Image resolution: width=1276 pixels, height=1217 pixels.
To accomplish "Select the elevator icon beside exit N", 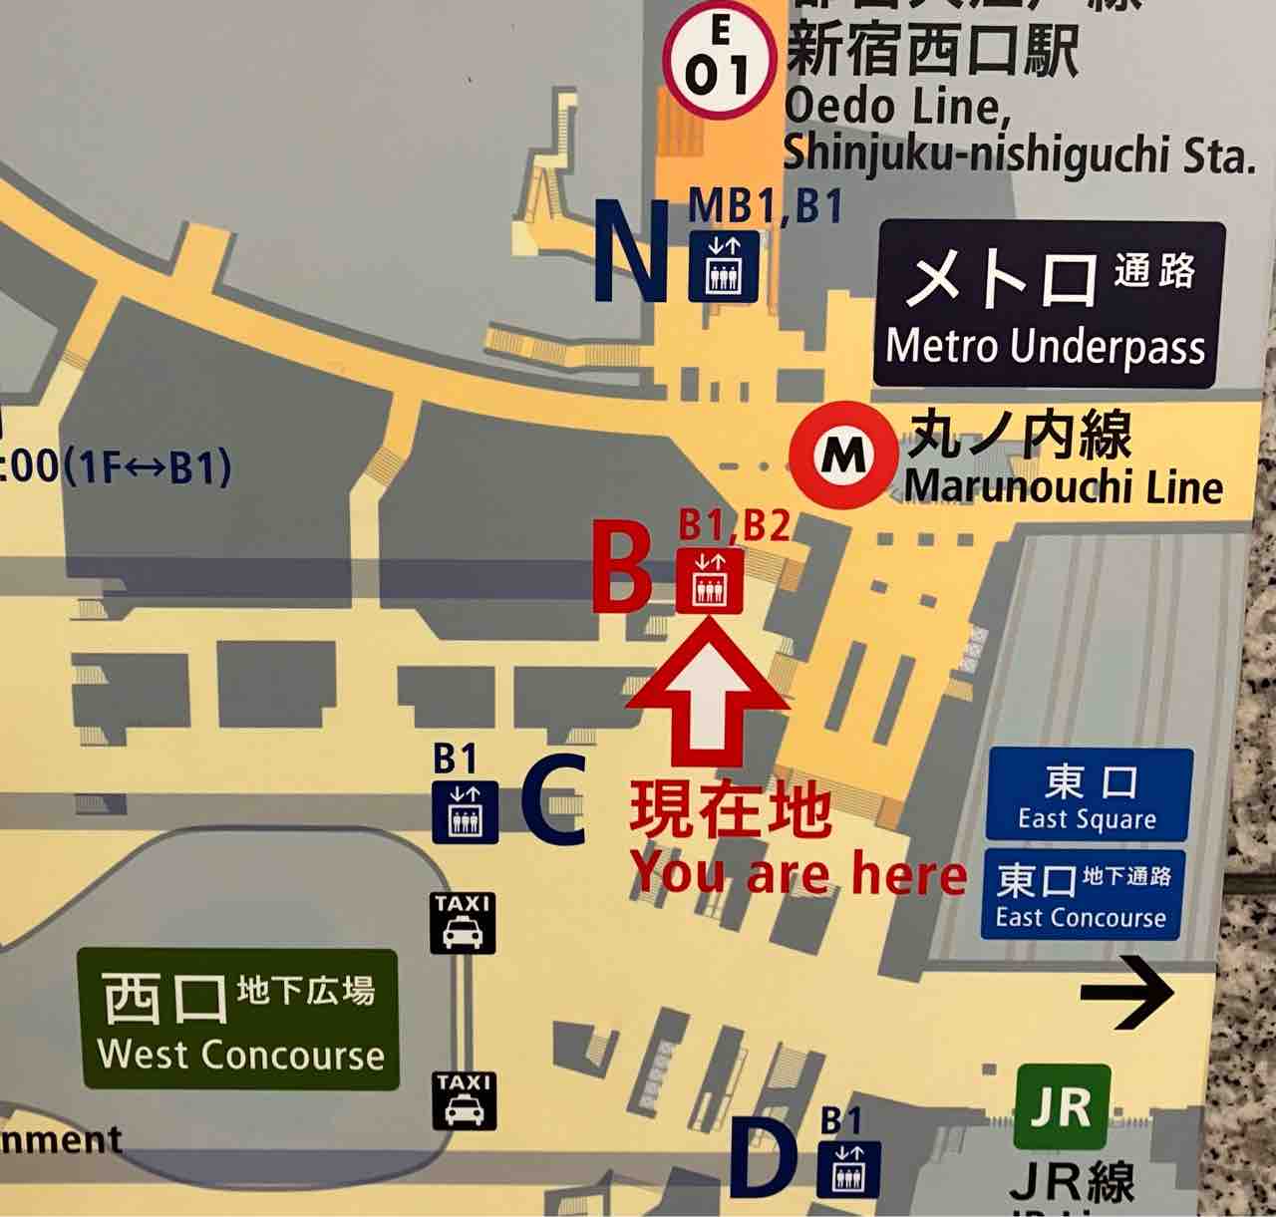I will pyautogui.click(x=724, y=266).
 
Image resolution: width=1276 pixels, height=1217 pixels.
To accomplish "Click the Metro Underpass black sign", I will pyautogui.click(x=1049, y=304).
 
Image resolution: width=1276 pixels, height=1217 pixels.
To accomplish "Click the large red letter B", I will pyautogui.click(x=622, y=567).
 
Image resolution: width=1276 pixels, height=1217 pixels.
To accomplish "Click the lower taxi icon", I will pyautogui.click(x=465, y=1100).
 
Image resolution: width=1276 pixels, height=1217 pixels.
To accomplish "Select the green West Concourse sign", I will pyautogui.click(x=239, y=1020).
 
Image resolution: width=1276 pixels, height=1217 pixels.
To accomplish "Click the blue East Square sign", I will pyautogui.click(x=1089, y=795).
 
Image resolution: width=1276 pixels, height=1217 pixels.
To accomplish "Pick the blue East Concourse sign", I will pyautogui.click(x=1083, y=894).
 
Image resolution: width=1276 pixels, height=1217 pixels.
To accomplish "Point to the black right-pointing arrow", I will pyautogui.click(x=1128, y=992).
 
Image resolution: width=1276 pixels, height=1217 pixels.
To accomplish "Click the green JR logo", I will pyautogui.click(x=1062, y=1106).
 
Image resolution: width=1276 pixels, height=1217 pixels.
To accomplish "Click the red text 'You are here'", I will pyautogui.click(x=798, y=875).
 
